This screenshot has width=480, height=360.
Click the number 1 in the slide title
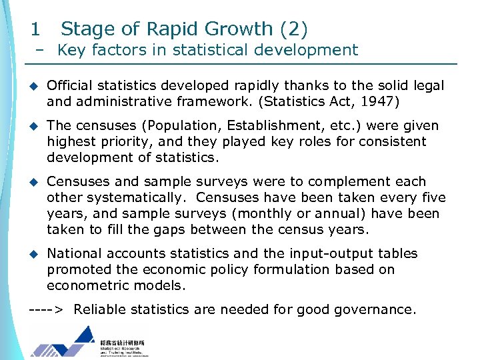tap(35, 29)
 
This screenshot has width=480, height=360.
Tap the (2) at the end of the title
tap(294, 29)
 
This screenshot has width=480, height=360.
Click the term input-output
tap(325, 253)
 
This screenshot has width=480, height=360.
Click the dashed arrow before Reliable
tap(47, 309)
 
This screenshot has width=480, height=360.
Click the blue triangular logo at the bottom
tap(63, 342)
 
